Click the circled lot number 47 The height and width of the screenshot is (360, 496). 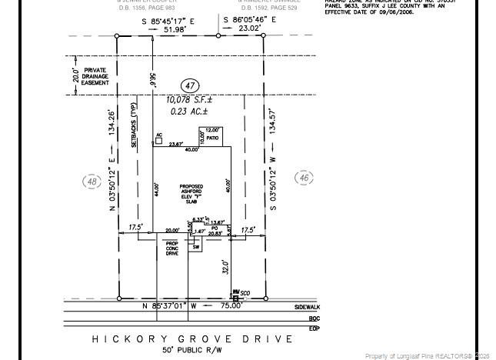(191, 86)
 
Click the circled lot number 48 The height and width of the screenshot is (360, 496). (92, 182)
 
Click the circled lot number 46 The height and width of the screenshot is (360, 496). (304, 178)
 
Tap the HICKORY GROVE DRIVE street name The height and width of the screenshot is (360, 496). (192, 338)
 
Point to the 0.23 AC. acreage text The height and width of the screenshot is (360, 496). (189, 112)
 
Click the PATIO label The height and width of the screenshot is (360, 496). (212, 138)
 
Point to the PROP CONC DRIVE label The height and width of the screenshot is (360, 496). (172, 248)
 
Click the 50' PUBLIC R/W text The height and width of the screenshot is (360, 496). (192, 351)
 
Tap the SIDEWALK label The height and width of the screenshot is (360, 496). (307, 306)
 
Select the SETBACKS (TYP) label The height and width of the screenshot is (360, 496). (134, 125)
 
